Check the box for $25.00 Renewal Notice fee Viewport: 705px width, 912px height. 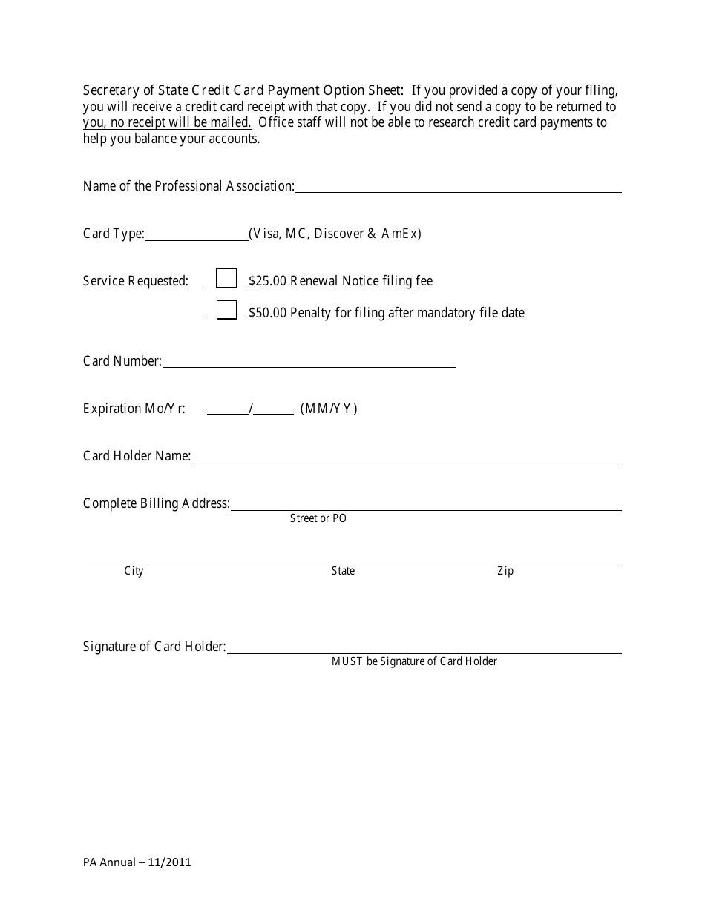(x=226, y=279)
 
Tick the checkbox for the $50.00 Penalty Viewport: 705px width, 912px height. (x=226, y=310)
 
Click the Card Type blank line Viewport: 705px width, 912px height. (x=197, y=234)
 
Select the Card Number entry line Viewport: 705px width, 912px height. (x=309, y=362)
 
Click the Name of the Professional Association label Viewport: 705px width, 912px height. (x=188, y=186)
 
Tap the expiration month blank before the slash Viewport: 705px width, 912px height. (x=228, y=409)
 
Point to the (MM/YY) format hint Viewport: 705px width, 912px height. (x=329, y=409)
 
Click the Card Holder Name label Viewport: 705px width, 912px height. (x=137, y=456)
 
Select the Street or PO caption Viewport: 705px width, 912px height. (x=318, y=518)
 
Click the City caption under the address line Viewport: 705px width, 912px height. (x=134, y=571)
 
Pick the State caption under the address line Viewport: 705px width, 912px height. (x=343, y=571)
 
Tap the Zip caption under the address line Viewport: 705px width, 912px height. (x=505, y=571)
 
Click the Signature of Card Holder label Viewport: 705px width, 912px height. (x=154, y=647)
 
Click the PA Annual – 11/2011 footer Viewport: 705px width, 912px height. (x=137, y=862)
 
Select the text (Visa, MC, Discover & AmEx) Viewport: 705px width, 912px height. (x=335, y=234)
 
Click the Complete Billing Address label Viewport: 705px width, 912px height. (x=157, y=503)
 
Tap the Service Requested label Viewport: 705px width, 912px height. (x=136, y=281)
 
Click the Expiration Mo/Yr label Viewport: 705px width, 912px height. (x=134, y=409)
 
